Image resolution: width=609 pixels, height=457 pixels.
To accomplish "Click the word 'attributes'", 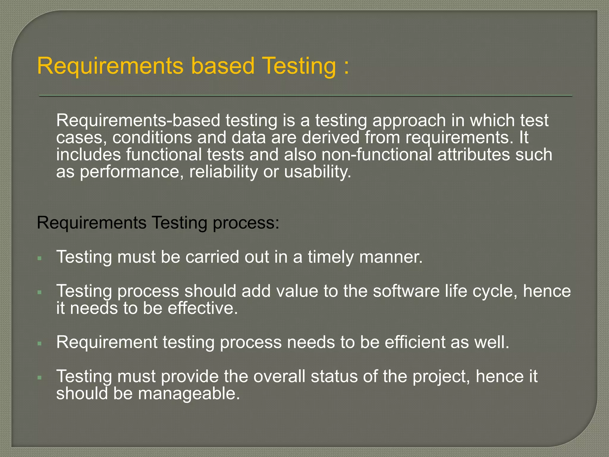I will point(473,155).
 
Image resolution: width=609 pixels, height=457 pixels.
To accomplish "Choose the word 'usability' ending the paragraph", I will point(317,172).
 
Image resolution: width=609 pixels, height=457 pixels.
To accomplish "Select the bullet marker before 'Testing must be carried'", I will point(40,258).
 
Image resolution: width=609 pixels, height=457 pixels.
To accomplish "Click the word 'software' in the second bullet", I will point(406,291).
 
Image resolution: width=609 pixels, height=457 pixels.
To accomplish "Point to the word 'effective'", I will point(203,308).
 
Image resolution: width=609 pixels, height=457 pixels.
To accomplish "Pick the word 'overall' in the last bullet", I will point(279,377).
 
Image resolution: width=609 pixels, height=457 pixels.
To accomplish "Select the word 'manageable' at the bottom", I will point(189,394).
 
